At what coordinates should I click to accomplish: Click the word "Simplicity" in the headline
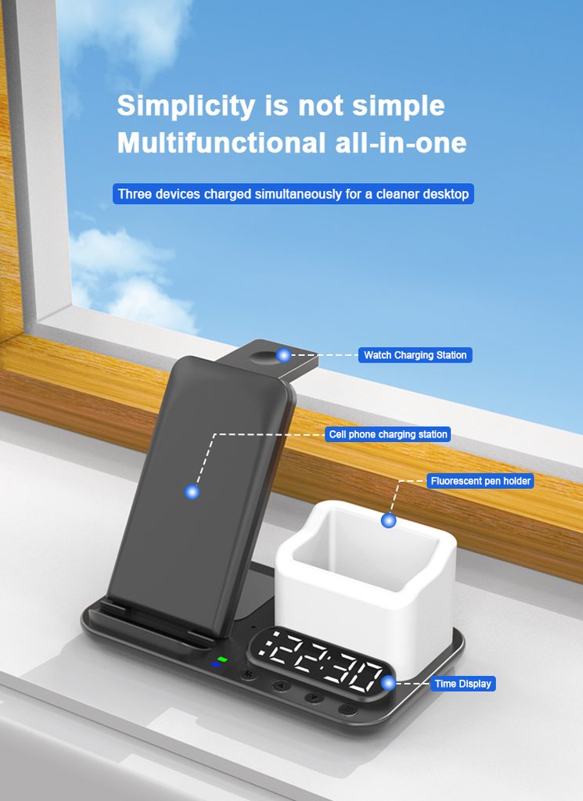[x=186, y=106]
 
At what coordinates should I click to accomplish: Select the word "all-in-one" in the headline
[x=401, y=142]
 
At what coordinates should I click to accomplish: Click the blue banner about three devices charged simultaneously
[x=293, y=194]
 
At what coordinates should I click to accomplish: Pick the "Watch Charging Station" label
[x=415, y=355]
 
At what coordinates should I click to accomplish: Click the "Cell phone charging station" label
[x=388, y=434]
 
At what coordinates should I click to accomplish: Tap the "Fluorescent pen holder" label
[x=480, y=481]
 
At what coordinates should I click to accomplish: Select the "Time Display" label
[x=463, y=684]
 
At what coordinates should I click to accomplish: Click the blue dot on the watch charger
[x=283, y=355]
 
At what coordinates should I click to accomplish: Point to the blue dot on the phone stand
[x=193, y=492]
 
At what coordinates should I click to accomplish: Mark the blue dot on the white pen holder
[x=388, y=520]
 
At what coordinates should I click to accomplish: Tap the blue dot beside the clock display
[x=388, y=683]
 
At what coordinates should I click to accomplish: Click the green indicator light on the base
[x=222, y=659]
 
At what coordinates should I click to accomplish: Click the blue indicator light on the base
[x=216, y=664]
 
